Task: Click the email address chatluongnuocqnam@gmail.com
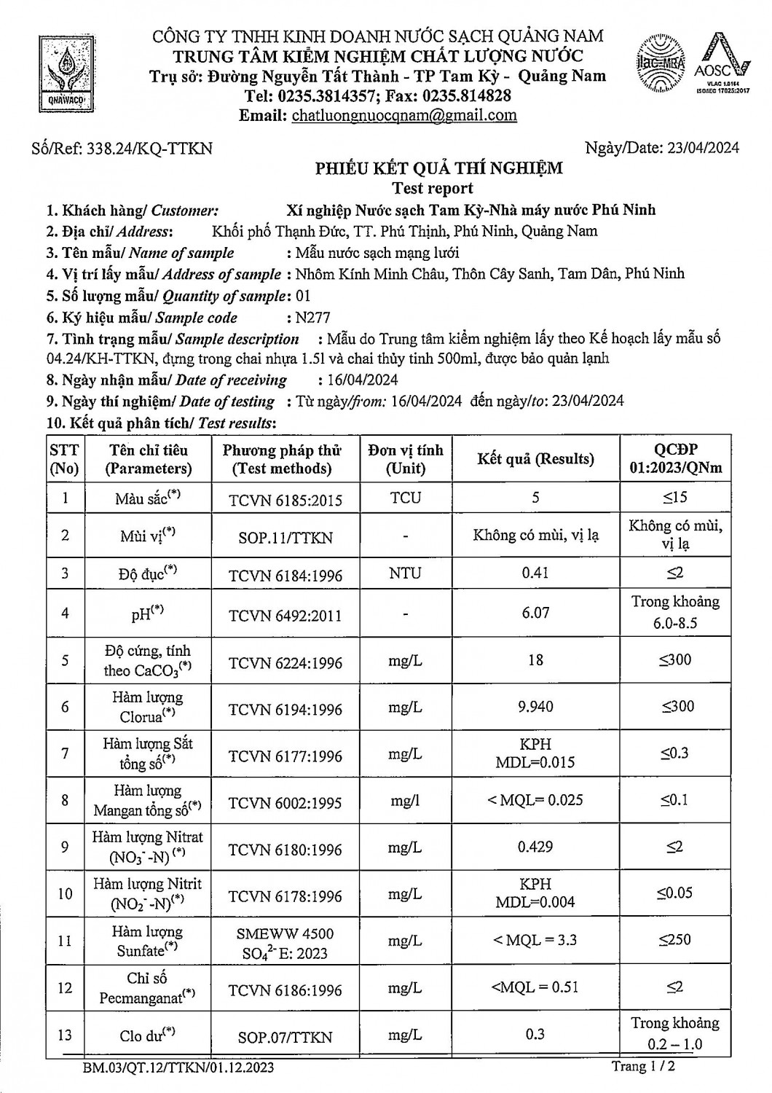[404, 115]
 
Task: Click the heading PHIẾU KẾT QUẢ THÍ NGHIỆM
[438, 169]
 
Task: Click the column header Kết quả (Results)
[535, 459]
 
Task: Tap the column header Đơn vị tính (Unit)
[405, 459]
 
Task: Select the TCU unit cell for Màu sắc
[405, 498]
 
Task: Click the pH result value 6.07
[535, 613]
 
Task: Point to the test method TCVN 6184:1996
[285, 576]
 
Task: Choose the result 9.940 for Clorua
[535, 707]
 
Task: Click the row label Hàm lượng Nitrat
[147, 837]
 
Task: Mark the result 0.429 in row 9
[535, 847]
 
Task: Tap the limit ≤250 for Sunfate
[675, 940]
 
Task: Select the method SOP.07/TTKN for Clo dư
[285, 1037]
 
